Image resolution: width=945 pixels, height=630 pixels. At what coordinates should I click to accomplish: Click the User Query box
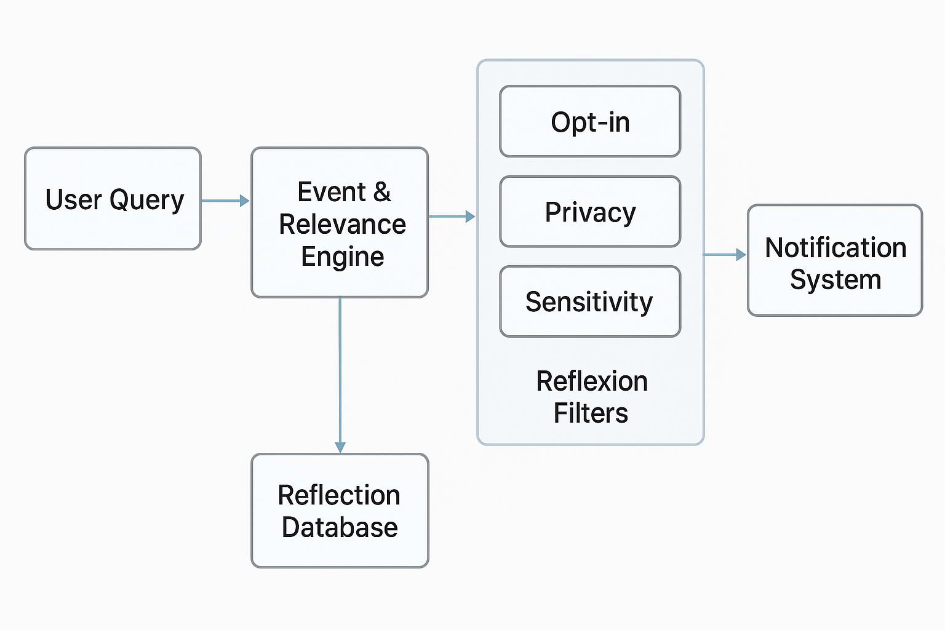click(x=113, y=199)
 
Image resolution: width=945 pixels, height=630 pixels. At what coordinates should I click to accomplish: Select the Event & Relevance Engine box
click(x=340, y=223)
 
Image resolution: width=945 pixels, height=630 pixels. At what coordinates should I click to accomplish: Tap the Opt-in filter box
click(x=590, y=122)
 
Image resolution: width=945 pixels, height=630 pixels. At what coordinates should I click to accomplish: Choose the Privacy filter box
click(x=590, y=212)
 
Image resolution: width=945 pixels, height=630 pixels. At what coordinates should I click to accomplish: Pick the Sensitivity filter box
click(x=590, y=301)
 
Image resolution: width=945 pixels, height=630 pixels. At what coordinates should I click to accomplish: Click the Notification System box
click(x=835, y=261)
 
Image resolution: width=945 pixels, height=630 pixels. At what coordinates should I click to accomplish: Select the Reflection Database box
click(x=340, y=511)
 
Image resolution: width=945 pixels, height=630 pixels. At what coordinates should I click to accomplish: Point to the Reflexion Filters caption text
click(x=591, y=397)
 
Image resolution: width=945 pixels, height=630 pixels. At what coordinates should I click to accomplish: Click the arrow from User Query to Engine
click(x=225, y=201)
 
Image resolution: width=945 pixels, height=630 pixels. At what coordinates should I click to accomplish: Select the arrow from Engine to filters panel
click(x=451, y=217)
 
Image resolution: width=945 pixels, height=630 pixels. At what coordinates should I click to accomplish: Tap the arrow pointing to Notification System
click(x=724, y=254)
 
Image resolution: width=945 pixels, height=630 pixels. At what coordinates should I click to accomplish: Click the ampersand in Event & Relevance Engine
click(x=382, y=192)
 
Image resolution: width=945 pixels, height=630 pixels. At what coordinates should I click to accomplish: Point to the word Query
click(x=146, y=200)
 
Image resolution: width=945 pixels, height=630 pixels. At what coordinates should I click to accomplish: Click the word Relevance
click(x=342, y=225)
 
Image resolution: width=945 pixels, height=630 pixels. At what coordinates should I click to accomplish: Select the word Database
click(x=340, y=527)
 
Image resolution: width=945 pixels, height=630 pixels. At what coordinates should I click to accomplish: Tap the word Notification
click(x=835, y=247)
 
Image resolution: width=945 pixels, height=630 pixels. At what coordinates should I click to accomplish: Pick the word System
click(x=835, y=279)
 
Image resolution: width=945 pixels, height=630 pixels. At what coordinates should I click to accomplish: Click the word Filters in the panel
click(x=591, y=413)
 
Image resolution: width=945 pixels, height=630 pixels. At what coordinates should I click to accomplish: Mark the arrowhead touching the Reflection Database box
click(x=340, y=447)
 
